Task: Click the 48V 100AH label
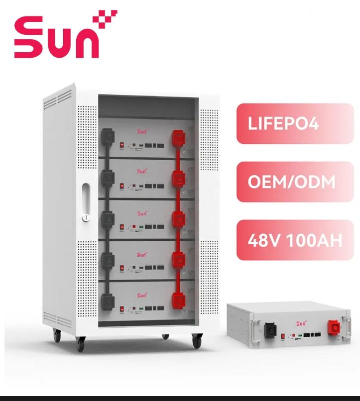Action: [x=294, y=240]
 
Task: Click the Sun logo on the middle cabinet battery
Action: [x=143, y=213]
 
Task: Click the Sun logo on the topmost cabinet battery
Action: [x=143, y=132]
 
